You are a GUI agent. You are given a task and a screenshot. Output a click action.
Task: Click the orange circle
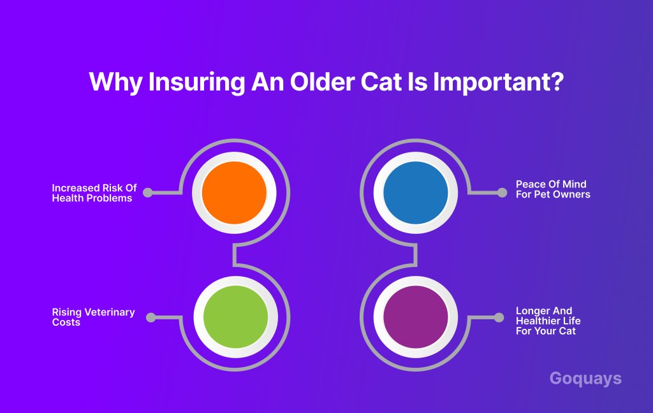tap(234, 192)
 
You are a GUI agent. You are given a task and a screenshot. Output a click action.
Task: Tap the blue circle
tap(416, 192)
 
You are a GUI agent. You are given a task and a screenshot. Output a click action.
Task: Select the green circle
tap(236, 317)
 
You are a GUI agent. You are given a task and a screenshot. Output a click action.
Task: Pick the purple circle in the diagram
tap(416, 317)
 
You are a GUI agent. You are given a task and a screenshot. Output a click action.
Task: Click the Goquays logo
tap(585, 379)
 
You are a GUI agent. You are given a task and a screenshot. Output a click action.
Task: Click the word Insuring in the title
tap(196, 82)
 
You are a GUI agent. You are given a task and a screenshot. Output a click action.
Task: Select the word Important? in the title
tap(499, 82)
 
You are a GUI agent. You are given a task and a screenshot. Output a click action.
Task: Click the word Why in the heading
tap(115, 82)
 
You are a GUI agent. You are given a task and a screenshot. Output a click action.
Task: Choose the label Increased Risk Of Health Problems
tap(94, 193)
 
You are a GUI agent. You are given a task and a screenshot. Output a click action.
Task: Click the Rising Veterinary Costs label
tap(93, 317)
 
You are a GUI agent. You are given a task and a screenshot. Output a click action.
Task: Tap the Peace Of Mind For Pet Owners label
tap(553, 189)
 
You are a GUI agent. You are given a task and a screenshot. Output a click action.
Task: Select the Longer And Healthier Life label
tap(548, 321)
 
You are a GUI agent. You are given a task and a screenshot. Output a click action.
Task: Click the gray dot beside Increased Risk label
tap(148, 192)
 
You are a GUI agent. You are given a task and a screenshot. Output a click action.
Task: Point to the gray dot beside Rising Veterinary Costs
tap(151, 317)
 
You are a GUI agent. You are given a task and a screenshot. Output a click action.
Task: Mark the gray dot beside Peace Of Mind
tap(503, 192)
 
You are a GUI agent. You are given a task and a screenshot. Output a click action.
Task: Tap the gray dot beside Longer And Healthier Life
tap(499, 317)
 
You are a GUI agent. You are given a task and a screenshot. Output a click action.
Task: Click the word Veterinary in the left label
tap(110, 313)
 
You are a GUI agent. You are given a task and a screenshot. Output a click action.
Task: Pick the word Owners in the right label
tap(571, 194)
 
